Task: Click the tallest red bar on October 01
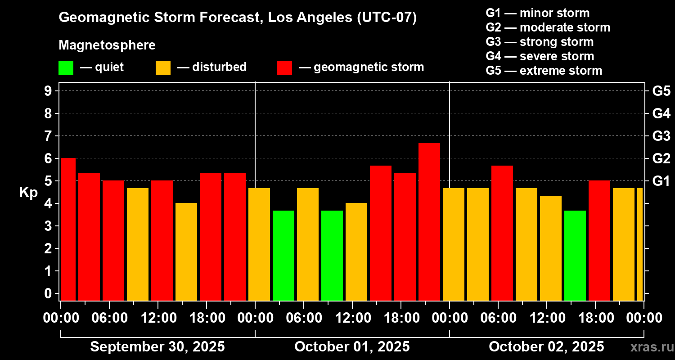pos(429,221)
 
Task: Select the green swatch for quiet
pos(66,68)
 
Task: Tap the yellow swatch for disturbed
pos(163,68)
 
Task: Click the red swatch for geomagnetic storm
pos(284,68)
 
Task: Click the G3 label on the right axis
pos(661,136)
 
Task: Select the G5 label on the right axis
pos(661,91)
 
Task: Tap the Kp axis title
pos(28,193)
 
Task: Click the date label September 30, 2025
pos(157,347)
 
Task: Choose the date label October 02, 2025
pos(546,347)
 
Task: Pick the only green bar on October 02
pos(575,255)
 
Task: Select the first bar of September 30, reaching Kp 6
pos(68,229)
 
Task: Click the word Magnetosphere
pos(107,45)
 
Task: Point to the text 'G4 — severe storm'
pos(540,56)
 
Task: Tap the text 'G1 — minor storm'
pos(537,13)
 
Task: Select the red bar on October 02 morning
pos(502,233)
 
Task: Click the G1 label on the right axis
pos(661,181)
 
